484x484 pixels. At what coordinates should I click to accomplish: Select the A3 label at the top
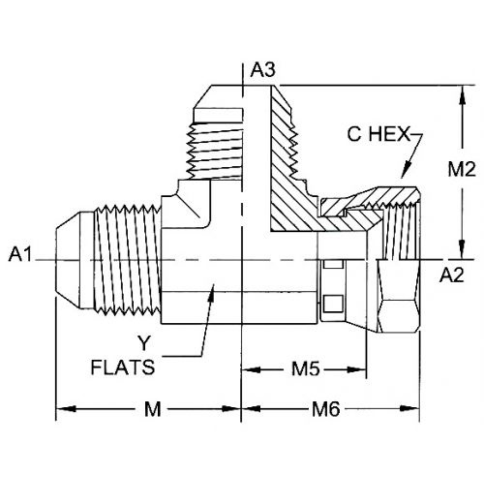262,70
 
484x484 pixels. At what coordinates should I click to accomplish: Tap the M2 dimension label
462,170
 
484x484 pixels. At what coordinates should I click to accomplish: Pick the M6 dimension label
326,409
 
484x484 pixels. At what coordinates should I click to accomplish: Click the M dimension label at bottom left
152,409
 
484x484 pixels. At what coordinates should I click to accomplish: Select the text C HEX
379,135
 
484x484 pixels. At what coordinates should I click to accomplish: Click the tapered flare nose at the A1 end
67,260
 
